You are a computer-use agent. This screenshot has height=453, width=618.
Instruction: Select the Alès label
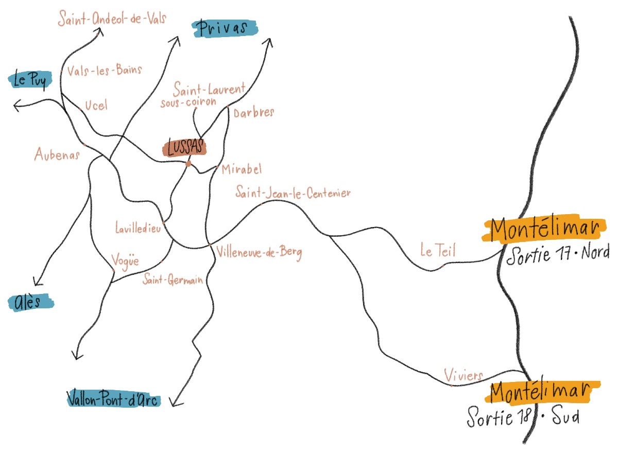pos(31,302)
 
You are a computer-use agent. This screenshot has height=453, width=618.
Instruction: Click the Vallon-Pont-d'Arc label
pos(114,399)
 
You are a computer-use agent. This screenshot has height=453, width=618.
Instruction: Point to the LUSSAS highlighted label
pos(184,148)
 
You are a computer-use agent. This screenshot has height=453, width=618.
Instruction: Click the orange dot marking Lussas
pos(188,164)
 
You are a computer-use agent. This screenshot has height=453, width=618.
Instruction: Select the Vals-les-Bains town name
pos(104,70)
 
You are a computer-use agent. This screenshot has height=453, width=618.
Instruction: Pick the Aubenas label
pos(57,153)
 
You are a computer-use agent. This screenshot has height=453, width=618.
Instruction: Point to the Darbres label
pos(253,113)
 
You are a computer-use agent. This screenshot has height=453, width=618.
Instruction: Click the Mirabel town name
pos(242,169)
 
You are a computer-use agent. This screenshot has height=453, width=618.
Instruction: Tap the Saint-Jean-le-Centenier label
pos(293,194)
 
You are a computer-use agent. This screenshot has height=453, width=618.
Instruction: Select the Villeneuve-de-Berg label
pos(259,253)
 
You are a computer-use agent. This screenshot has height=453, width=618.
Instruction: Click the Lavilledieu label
pos(139,227)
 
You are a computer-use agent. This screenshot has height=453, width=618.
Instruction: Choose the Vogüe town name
pos(125,261)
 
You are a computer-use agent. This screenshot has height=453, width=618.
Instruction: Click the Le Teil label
pos(438,251)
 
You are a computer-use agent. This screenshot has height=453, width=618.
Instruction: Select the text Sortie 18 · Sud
pos(523,417)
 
